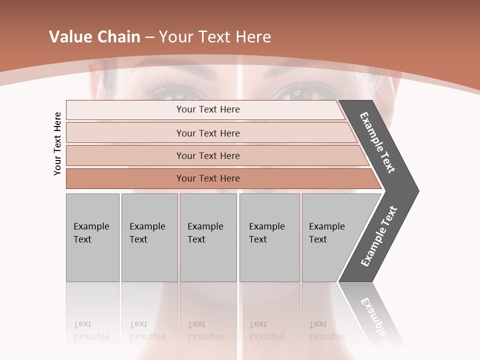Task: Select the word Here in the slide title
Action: point(253,37)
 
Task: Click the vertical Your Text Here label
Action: point(58,143)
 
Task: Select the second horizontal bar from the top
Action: point(208,133)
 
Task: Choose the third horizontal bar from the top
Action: point(208,155)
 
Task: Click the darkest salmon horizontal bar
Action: point(208,178)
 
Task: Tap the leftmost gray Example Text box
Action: point(92,237)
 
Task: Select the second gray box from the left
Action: point(149,237)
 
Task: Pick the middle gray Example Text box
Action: point(208,237)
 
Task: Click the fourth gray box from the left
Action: point(269,237)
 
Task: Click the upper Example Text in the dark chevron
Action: point(378,143)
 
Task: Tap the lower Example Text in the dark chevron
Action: point(379,236)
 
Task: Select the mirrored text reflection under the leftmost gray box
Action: point(91,330)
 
